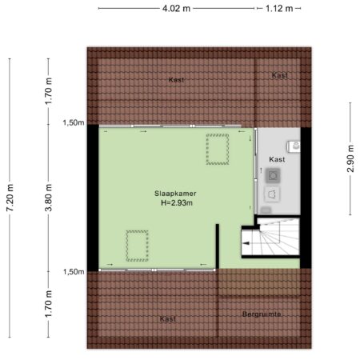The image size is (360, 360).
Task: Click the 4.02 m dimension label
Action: (176, 9)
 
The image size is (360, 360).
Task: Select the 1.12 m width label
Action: (279, 9)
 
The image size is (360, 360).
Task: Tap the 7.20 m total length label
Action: (10, 198)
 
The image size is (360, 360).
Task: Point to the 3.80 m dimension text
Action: (48, 198)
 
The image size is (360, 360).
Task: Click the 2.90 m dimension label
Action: (350, 158)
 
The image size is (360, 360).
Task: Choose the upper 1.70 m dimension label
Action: (48, 91)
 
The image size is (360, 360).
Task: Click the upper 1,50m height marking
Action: (74, 122)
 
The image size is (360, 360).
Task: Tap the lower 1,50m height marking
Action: (74, 272)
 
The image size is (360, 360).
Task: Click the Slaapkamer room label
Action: (175, 194)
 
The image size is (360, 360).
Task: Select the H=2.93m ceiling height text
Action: (177, 203)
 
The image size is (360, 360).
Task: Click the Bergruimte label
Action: (262, 314)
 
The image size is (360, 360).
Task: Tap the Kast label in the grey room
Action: (277, 159)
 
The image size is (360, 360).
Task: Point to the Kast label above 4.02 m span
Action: (176, 79)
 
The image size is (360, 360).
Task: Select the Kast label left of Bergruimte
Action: (168, 318)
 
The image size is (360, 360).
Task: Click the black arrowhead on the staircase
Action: (246, 243)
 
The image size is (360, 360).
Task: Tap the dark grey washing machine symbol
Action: (273, 175)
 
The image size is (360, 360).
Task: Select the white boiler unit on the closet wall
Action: (294, 146)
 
